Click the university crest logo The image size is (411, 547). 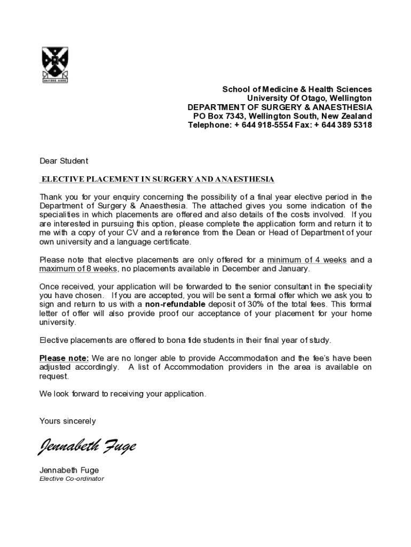tap(55, 65)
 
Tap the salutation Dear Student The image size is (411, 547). tap(64, 161)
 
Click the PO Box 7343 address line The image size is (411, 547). tap(282, 116)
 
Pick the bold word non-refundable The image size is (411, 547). tap(175, 304)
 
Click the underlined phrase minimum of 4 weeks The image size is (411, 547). tap(307, 260)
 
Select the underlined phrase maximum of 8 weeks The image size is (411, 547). tap(78, 269)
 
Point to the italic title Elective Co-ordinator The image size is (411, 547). tap(72, 479)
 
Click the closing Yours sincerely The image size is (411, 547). tap(68, 421)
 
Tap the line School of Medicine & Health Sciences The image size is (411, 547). tap(297, 89)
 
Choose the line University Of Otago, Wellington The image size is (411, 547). tap(309, 98)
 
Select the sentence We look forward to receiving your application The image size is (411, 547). tap(122, 394)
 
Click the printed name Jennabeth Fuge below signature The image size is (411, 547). tap(69, 470)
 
